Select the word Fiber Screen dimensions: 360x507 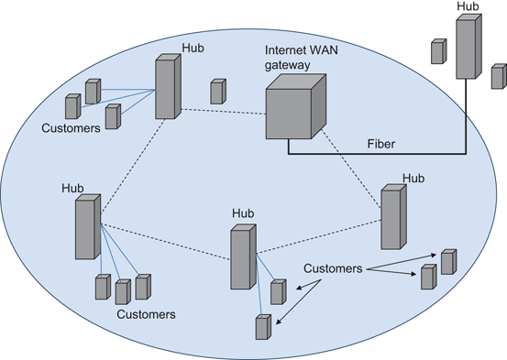coord(381,144)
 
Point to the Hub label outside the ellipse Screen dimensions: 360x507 coord(467,7)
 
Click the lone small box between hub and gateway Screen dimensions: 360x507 coord(217,92)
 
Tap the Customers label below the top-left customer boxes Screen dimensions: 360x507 coord(71,128)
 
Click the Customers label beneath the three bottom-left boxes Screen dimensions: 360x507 coord(147,313)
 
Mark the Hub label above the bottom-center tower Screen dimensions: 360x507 coord(243,213)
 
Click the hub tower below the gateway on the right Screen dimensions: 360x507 coord(392,217)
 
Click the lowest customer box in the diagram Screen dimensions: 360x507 coord(263,327)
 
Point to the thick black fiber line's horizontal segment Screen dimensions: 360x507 coord(376,153)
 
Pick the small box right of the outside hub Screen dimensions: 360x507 coord(498,76)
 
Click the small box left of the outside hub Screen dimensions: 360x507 coord(437,51)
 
